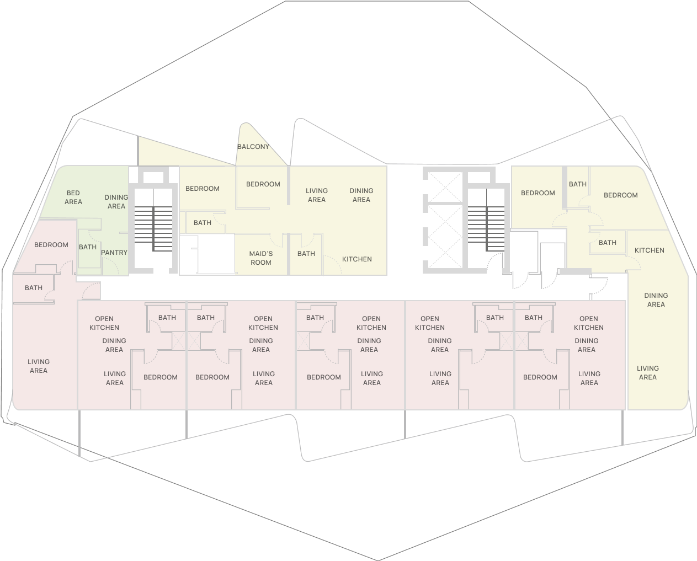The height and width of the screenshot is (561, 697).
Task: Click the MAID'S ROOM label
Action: (260, 258)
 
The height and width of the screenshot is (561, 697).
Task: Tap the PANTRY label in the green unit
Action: (114, 253)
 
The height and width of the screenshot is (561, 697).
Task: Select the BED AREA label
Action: (73, 197)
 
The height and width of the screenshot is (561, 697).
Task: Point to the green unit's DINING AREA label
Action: (116, 202)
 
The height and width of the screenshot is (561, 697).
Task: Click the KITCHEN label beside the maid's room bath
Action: (357, 259)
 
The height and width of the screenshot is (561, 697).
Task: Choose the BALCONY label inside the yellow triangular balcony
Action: (253, 147)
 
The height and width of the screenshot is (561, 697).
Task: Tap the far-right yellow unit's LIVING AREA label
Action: (647, 373)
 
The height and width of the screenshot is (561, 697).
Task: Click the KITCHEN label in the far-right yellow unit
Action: (649, 250)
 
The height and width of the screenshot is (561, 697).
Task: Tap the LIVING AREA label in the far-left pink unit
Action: (39, 366)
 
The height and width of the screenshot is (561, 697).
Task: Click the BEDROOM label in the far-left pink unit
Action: (51, 245)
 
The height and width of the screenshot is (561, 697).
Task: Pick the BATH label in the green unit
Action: (88, 247)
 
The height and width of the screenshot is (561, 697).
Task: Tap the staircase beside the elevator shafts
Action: (486, 221)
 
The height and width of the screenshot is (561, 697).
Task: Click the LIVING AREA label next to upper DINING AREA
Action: (317, 195)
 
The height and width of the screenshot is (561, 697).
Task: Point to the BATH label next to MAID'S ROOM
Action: (306, 254)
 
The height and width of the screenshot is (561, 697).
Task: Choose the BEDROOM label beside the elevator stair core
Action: (538, 193)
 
